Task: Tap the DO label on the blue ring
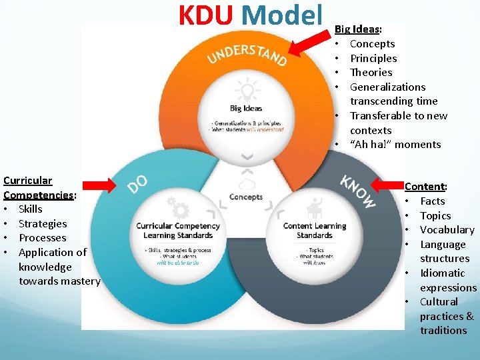(138, 183)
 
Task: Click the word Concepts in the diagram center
(246, 197)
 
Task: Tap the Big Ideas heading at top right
(358, 29)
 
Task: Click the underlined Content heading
(425, 187)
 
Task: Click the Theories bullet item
(371, 73)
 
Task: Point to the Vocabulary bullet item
(447, 230)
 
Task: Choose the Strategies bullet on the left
(43, 224)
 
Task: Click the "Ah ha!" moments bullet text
(395, 145)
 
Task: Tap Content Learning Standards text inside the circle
(315, 230)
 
